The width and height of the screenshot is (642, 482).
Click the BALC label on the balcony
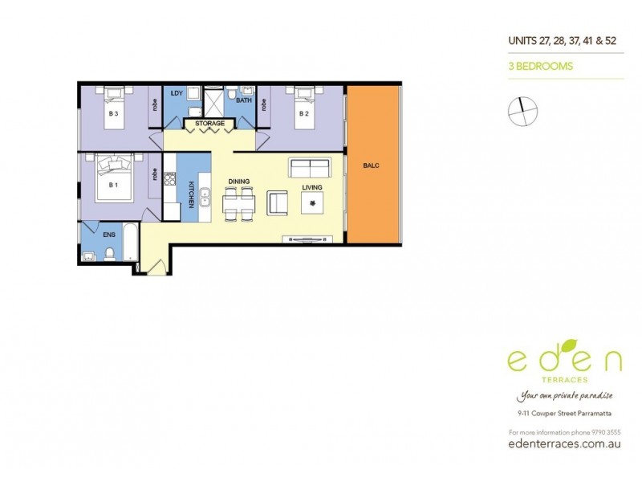[x=371, y=166]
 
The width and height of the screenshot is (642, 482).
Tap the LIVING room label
[x=311, y=188]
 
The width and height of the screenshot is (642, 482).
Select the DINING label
[x=239, y=182]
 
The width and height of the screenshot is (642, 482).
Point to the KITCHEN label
[x=191, y=195]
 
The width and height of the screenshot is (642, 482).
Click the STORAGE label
[x=210, y=123]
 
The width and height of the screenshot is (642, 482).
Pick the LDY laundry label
[x=177, y=93]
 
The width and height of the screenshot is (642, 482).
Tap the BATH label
[x=243, y=100]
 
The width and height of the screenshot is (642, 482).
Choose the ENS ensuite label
[x=109, y=235]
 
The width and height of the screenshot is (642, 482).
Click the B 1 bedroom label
[x=113, y=185]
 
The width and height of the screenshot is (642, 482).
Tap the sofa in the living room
[x=310, y=169]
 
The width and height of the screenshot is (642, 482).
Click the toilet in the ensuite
[x=108, y=255]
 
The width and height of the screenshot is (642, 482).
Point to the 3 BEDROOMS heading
[x=538, y=67]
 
